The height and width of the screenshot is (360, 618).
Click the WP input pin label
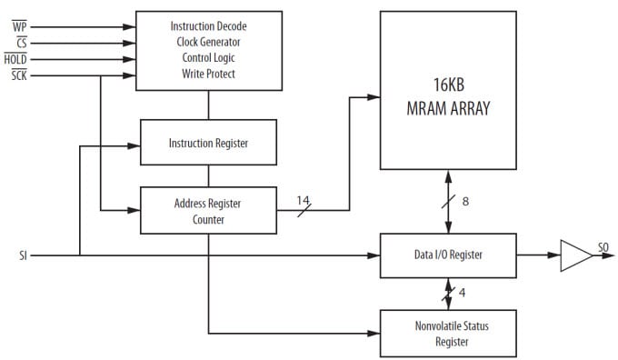(x=19, y=25)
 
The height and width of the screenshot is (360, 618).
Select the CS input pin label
(x=19, y=42)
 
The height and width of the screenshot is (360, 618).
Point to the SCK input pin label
(x=19, y=75)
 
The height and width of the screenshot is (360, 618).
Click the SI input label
(x=22, y=255)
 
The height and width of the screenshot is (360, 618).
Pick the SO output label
(x=603, y=247)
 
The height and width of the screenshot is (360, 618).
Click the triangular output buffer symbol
(x=573, y=255)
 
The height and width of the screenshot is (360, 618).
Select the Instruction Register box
(x=208, y=144)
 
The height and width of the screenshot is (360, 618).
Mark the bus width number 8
(x=465, y=201)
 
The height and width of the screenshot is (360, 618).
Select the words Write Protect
(x=208, y=74)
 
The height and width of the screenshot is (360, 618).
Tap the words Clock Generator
(x=208, y=42)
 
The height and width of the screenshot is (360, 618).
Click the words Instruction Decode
(x=208, y=25)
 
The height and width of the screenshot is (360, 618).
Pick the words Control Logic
(x=208, y=58)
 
